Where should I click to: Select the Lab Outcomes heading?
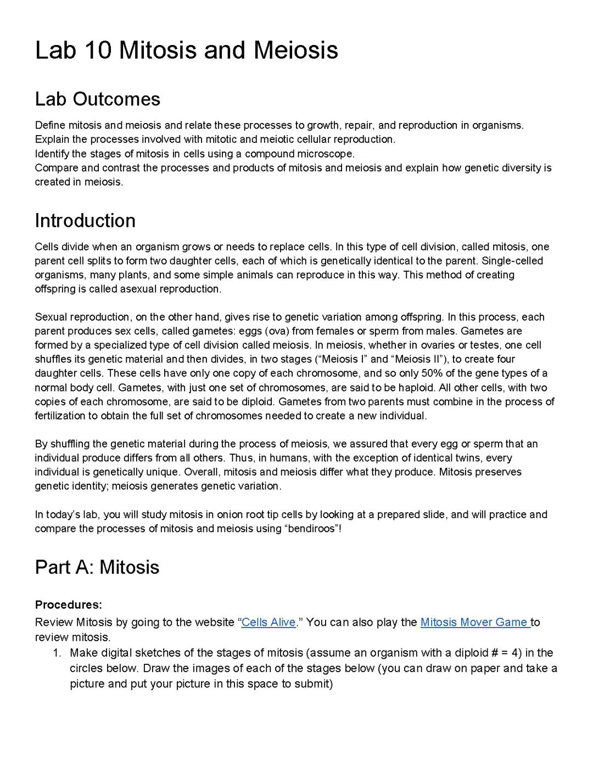point(97,99)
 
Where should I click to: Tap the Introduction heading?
point(85,221)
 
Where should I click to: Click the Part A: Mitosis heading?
point(97,567)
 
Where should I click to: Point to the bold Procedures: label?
point(69,605)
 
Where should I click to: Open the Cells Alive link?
point(268,623)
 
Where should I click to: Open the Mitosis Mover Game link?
point(474,623)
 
